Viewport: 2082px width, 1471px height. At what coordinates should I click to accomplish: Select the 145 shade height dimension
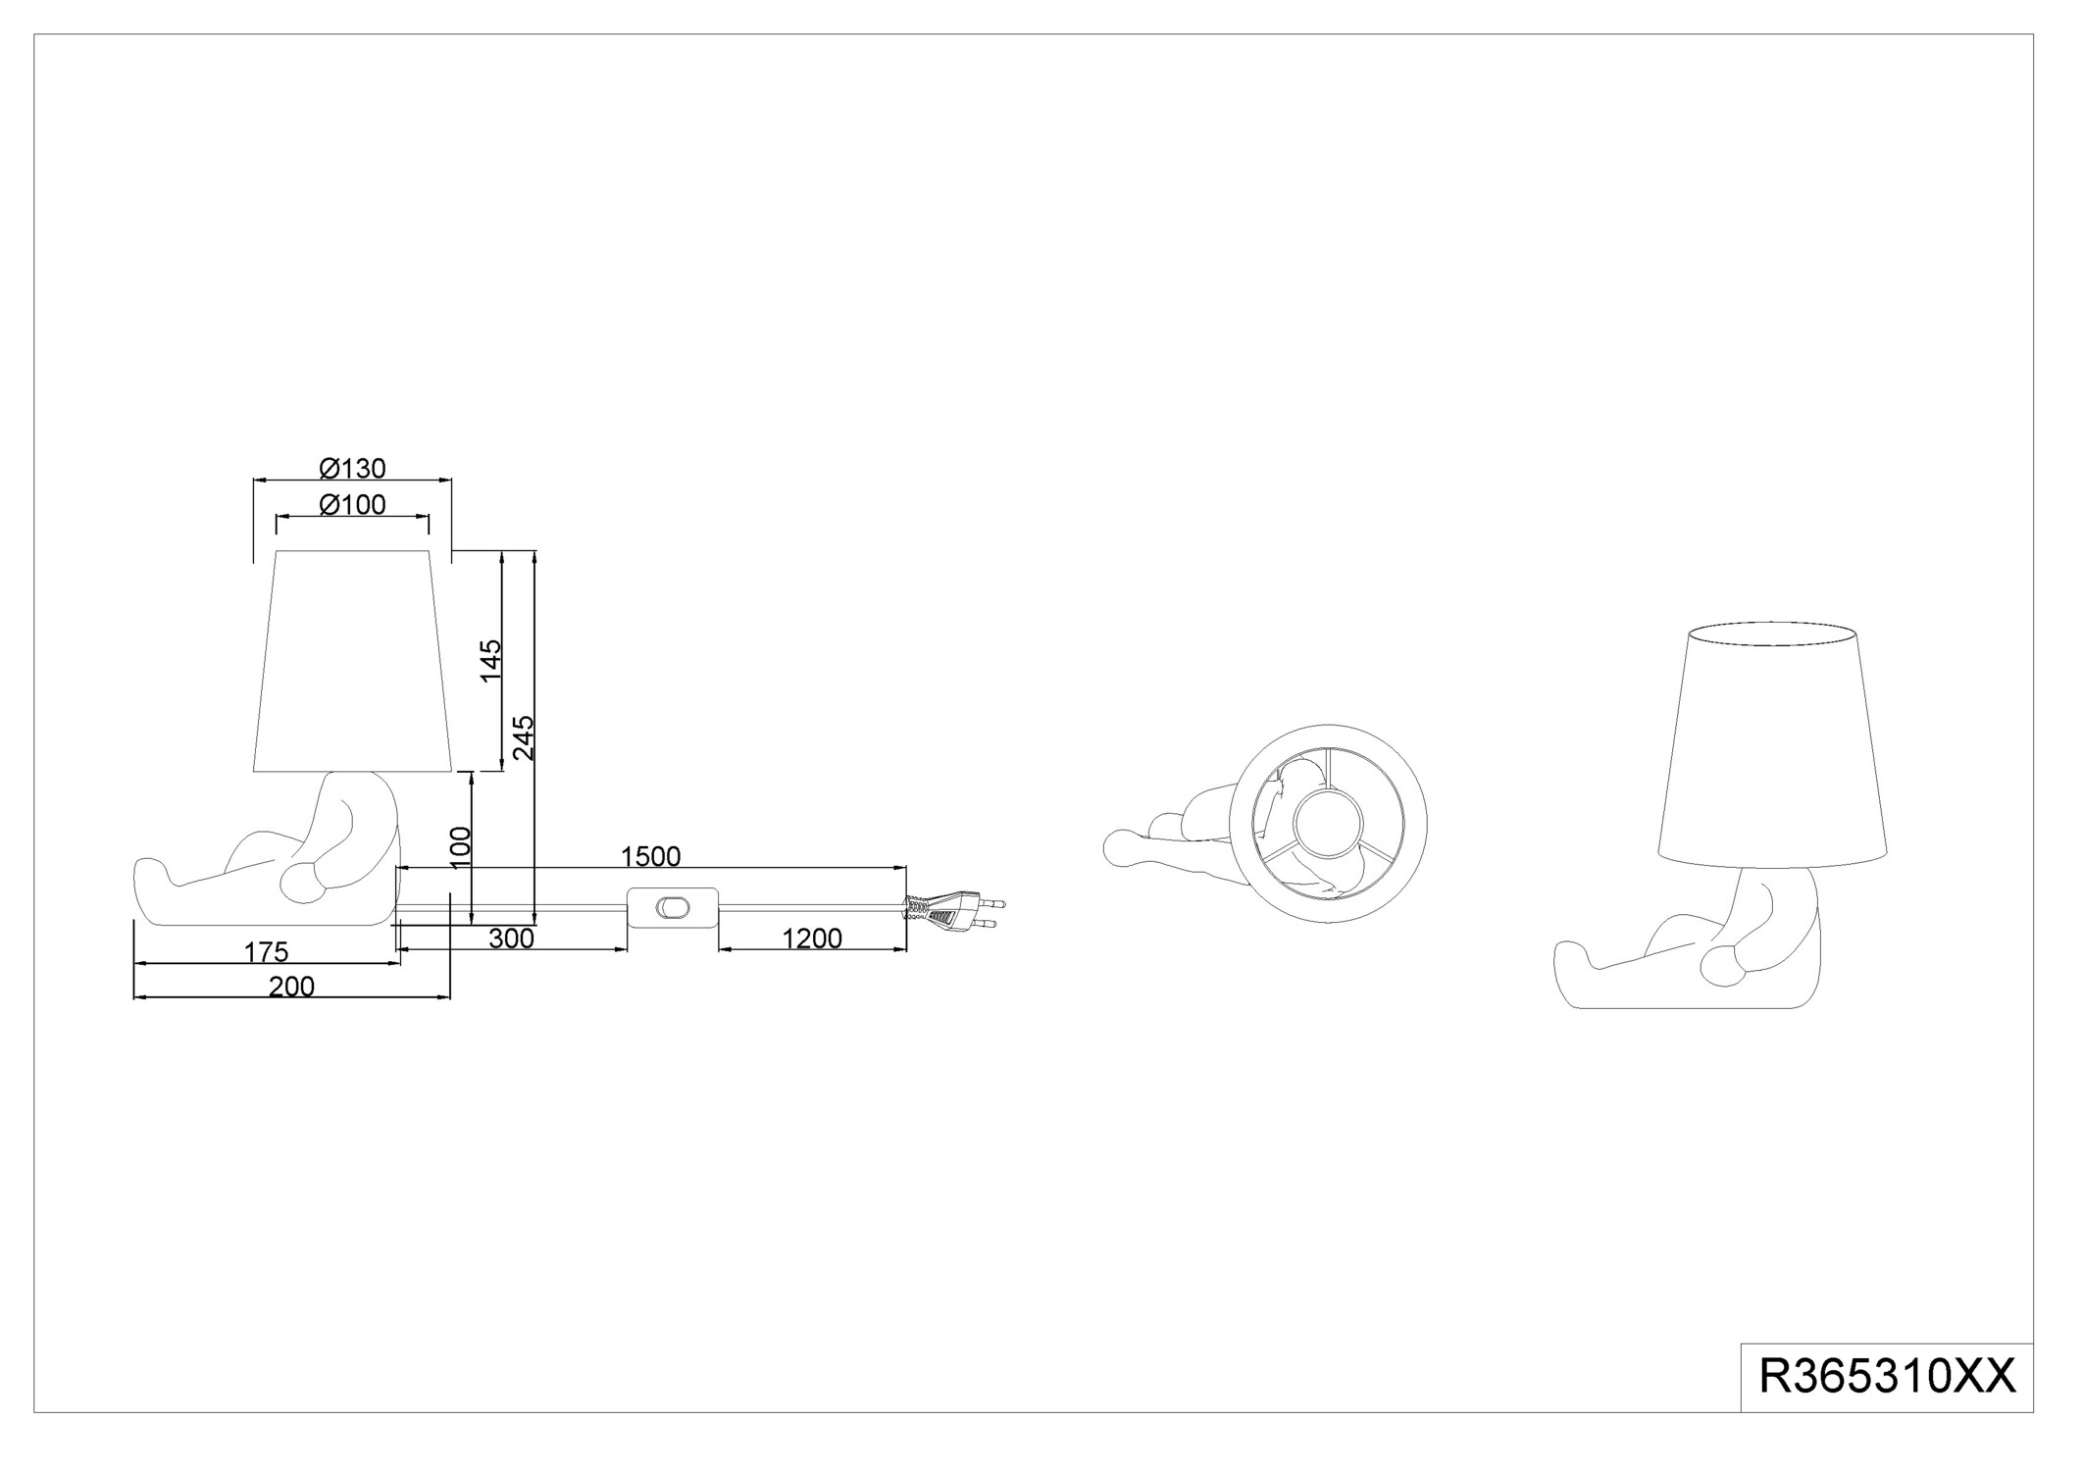click(x=490, y=660)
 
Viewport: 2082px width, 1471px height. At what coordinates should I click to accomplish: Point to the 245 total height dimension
click(x=524, y=736)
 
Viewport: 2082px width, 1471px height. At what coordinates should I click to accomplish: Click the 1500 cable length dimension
click(x=650, y=856)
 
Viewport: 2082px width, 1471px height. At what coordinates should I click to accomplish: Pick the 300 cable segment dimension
click(x=511, y=938)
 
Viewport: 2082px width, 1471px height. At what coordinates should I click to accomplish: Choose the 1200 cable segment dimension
click(x=812, y=938)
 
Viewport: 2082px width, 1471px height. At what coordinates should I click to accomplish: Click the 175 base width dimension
click(x=266, y=951)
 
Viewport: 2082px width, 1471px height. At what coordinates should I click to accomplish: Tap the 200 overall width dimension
click(x=291, y=987)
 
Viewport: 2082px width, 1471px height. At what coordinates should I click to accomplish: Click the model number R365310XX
click(x=1887, y=1377)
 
